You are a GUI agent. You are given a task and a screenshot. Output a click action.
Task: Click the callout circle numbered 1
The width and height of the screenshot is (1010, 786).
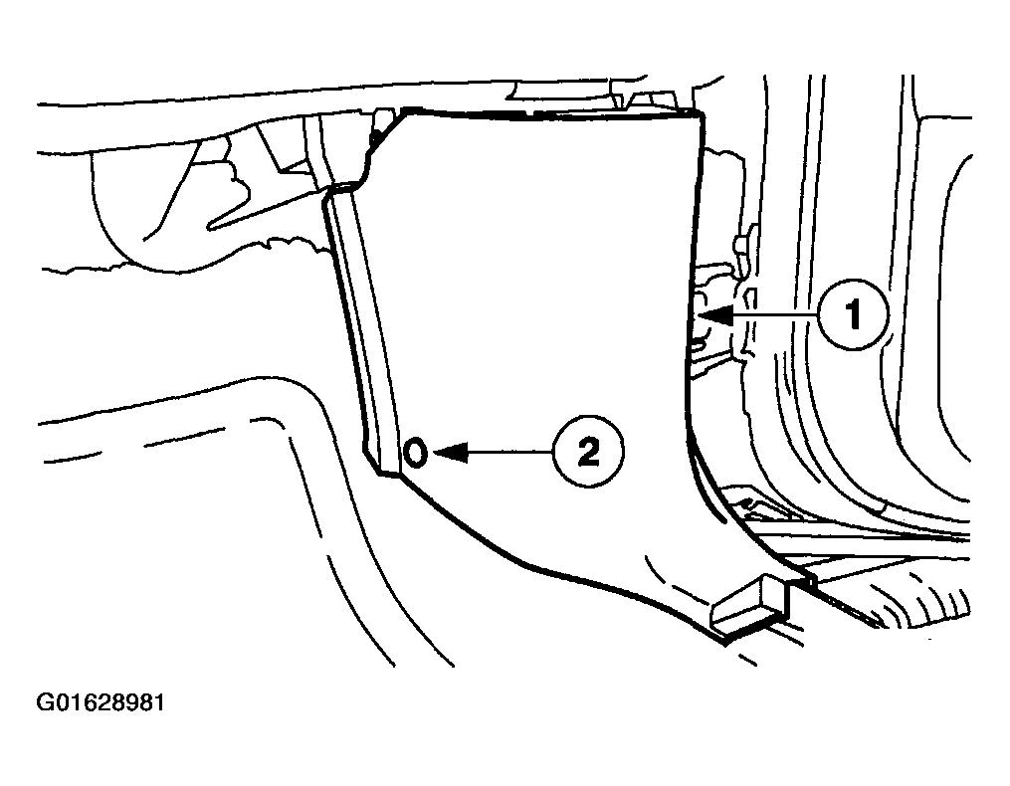pos(854,315)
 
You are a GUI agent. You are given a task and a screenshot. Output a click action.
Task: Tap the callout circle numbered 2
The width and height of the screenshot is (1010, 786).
pos(588,452)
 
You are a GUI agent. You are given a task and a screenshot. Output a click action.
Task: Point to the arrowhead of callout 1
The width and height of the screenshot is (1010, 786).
pos(715,315)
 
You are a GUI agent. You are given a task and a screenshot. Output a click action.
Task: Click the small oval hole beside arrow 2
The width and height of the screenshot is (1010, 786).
pos(416,453)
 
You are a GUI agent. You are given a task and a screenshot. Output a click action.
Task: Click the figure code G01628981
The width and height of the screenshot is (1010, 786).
pos(101,702)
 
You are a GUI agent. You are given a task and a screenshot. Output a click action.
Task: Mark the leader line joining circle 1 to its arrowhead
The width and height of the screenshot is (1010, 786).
pos(776,315)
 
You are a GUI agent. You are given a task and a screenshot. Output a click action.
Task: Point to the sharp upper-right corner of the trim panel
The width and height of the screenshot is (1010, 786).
pos(701,114)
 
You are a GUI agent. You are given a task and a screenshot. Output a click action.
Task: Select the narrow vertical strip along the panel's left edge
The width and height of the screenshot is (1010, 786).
pos(365,331)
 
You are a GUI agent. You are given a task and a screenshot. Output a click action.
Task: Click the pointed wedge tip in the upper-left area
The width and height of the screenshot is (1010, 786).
pos(209,226)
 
